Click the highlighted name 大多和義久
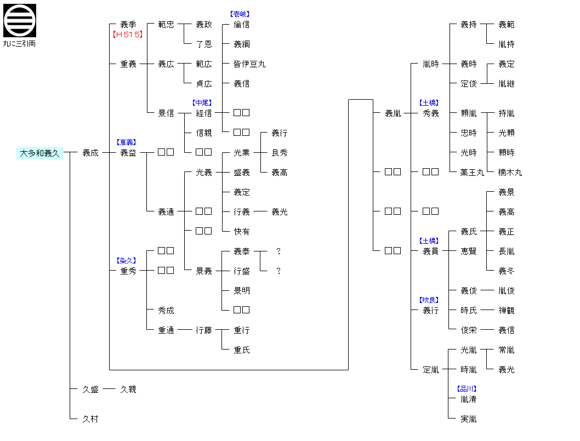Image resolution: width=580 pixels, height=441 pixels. coord(40,153)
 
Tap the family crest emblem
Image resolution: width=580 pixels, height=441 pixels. coord(20,20)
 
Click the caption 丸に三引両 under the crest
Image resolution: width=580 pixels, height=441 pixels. coord(20,43)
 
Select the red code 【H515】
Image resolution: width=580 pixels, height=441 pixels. coord(128,35)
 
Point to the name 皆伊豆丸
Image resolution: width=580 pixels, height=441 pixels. coord(249,64)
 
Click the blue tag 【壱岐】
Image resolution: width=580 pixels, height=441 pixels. coord(240,14)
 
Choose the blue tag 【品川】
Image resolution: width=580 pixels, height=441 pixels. coord(467,389)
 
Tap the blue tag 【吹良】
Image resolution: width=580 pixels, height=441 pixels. coord(429,300)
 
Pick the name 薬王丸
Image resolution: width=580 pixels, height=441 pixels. coord(472,173)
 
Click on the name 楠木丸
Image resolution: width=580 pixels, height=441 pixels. coord(510,173)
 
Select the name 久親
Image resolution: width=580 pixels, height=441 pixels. coord(128,390)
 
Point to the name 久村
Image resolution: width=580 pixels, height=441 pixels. coord(90,419)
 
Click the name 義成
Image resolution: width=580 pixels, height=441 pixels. coord(90,153)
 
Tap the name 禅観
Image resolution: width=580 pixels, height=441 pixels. coord(507,311)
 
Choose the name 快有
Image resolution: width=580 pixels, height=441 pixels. coord(242,232)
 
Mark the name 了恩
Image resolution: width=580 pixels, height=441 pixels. coord(204,44)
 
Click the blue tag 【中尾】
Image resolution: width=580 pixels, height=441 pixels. coord(202,103)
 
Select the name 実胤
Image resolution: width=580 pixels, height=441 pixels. coord(469,419)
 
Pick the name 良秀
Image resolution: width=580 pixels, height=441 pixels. coord(280,153)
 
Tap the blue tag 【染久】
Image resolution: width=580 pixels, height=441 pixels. coord(127,261)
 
